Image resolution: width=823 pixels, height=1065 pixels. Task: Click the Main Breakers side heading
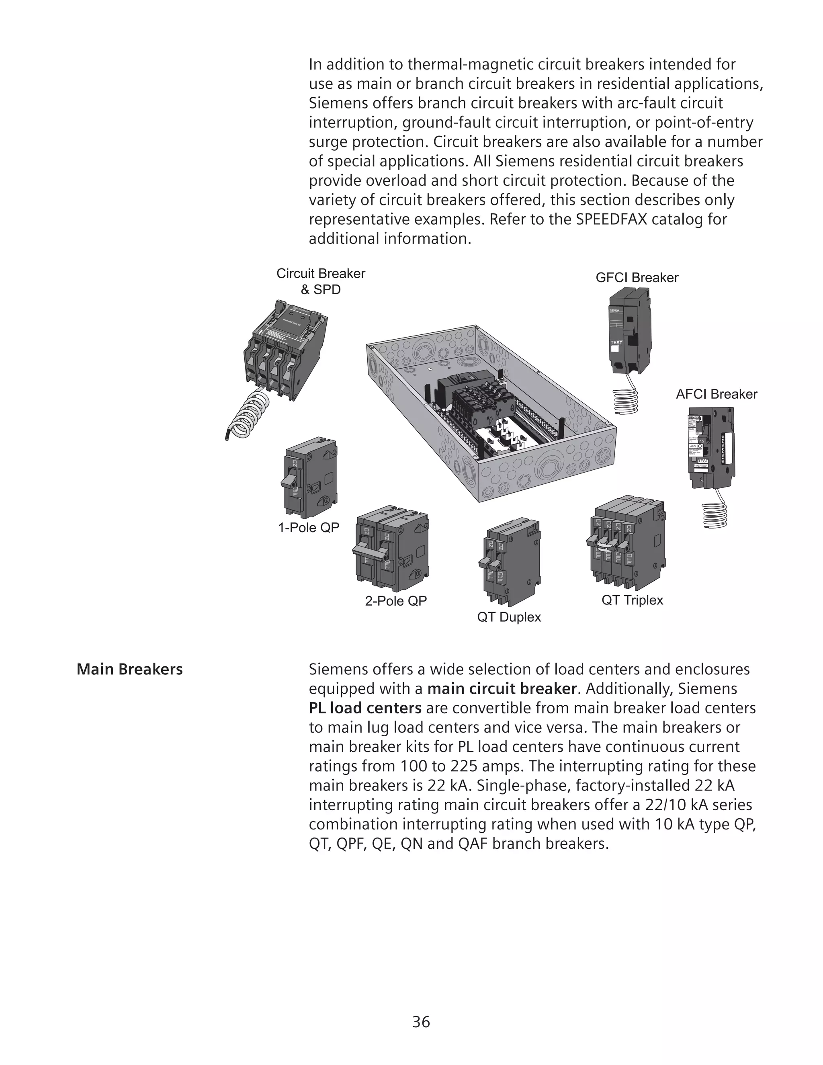(130, 670)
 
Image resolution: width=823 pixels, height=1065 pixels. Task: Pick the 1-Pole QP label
(309, 528)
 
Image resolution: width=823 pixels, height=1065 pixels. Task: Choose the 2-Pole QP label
(395, 601)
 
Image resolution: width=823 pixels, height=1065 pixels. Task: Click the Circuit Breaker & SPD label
(320, 281)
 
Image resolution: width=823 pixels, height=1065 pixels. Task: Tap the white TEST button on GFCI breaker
(616, 349)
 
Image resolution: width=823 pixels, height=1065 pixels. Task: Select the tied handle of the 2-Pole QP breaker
(370, 549)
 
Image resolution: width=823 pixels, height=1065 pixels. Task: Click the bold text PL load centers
(365, 708)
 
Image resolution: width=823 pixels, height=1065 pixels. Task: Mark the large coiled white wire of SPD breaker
(249, 414)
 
